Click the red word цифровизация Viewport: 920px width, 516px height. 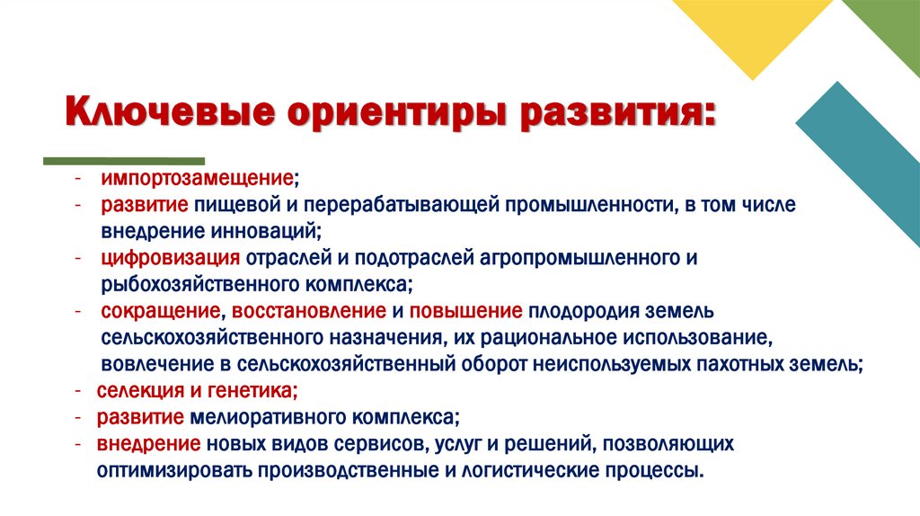tap(169, 259)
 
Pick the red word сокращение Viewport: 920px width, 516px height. tap(160, 311)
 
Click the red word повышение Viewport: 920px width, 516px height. tap(465, 311)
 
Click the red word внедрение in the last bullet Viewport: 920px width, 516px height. tap(148, 444)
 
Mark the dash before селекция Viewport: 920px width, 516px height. tap(79, 391)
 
